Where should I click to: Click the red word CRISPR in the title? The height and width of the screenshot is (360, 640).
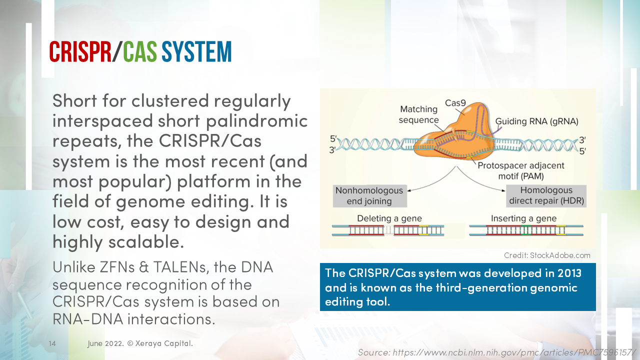80,52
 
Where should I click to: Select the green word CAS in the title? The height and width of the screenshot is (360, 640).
140,52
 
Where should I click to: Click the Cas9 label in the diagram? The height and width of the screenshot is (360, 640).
455,103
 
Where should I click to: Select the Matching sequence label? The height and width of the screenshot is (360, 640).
419,114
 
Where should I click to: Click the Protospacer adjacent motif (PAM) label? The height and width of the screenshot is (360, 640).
520,170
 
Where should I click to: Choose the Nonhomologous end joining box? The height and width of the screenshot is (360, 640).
369,196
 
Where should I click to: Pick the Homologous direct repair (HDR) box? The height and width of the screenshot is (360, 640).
545,196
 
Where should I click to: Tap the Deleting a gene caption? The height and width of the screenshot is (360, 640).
389,218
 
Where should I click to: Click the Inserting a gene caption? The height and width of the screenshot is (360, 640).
523,218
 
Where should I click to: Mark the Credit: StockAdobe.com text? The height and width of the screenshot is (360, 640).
547,255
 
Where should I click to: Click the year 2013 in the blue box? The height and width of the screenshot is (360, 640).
568,273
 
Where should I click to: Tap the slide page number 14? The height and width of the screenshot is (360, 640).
52,343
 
